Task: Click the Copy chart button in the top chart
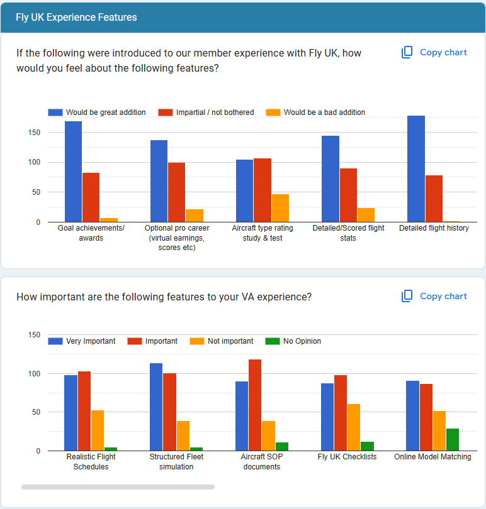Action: [x=434, y=53]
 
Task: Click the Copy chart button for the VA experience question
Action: [x=434, y=297]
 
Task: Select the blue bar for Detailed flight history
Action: [x=416, y=168]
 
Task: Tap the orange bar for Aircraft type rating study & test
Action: [x=280, y=208]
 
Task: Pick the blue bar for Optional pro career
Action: [x=159, y=181]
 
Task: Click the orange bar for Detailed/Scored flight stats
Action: [x=366, y=215]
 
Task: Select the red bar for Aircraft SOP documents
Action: [x=255, y=405]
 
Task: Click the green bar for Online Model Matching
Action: [x=453, y=440]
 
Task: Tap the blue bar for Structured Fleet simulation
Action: [x=156, y=407]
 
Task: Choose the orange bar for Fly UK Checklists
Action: [x=354, y=427]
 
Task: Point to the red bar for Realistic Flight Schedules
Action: [x=84, y=411]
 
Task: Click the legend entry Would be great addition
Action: [x=97, y=112]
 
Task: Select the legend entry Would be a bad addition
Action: [x=316, y=112]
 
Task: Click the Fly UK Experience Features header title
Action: [x=76, y=17]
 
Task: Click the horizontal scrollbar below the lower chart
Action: [x=118, y=487]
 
